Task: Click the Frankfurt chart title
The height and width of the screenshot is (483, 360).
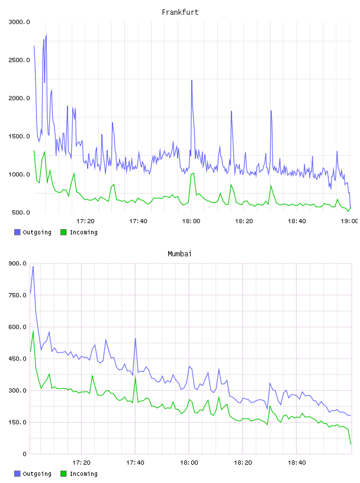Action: pyautogui.click(x=180, y=12)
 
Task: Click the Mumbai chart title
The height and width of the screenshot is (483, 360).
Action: pyautogui.click(x=179, y=254)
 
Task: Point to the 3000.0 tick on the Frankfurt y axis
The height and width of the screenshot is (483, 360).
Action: pyautogui.click(x=19, y=22)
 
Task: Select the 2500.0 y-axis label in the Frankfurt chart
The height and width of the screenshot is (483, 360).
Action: pyautogui.click(x=19, y=60)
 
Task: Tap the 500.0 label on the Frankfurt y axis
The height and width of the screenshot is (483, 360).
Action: pyautogui.click(x=21, y=212)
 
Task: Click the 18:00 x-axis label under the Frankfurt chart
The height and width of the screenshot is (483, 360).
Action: pyautogui.click(x=191, y=221)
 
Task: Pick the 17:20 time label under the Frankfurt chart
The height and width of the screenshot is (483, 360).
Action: pyautogui.click(x=85, y=221)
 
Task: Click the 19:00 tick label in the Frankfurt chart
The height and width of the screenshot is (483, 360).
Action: pyautogui.click(x=349, y=221)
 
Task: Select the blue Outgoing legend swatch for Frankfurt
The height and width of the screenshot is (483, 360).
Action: pyautogui.click(x=17, y=232)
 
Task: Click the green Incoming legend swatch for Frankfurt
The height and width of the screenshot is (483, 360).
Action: pyautogui.click(x=63, y=232)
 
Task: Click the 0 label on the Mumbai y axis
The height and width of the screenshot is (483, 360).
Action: pyautogui.click(x=24, y=454)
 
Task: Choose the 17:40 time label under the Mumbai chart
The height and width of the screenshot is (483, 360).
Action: pyautogui.click(x=136, y=463)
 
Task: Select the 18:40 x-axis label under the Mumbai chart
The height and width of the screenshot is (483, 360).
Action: pyautogui.click(x=297, y=463)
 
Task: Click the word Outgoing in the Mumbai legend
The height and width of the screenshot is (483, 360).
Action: pyautogui.click(x=37, y=474)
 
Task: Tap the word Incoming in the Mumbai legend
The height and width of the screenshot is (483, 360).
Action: pyautogui.click(x=83, y=474)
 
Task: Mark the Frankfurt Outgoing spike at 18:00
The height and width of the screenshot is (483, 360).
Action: pyautogui.click(x=192, y=80)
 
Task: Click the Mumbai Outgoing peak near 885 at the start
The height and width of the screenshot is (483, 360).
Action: pyautogui.click(x=33, y=267)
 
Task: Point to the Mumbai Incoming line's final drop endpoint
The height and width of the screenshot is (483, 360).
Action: pyautogui.click(x=351, y=444)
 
